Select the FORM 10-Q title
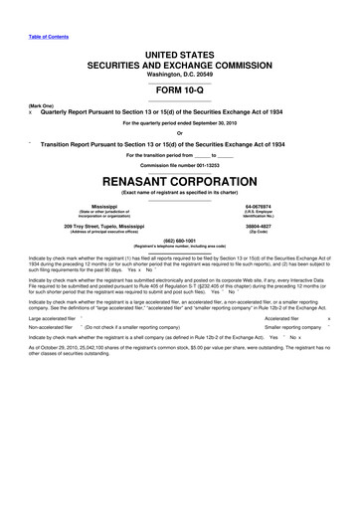coord(180,83)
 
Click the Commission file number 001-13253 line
coord(180,166)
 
